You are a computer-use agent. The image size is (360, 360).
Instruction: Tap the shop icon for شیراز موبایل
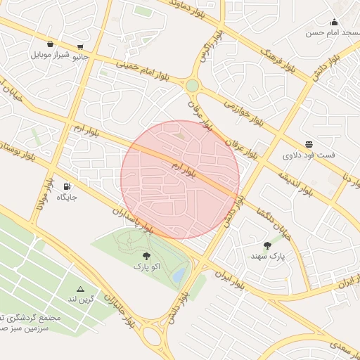[50, 44]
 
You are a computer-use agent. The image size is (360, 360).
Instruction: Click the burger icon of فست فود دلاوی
[309, 143]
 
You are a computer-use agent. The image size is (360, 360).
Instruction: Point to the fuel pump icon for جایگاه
[67, 186]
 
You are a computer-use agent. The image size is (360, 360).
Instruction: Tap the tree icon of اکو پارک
[146, 256]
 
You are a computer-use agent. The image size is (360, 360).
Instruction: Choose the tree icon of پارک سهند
[267, 245]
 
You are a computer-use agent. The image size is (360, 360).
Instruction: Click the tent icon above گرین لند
[80, 289]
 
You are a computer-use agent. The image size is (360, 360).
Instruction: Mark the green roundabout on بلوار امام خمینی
[192, 86]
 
